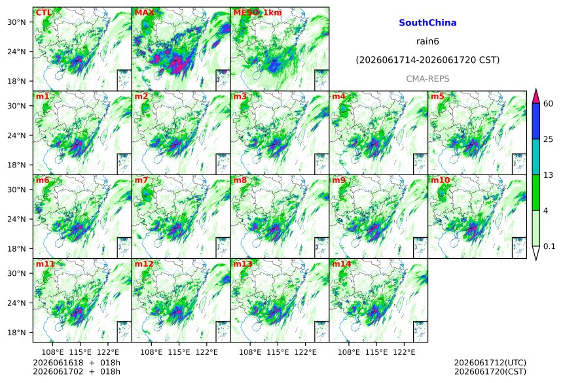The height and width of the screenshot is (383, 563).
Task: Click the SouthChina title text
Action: click(x=427, y=23)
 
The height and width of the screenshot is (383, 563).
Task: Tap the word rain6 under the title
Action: click(x=427, y=41)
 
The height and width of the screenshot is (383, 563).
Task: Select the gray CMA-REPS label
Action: click(x=427, y=78)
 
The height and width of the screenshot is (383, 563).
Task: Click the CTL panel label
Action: click(x=43, y=12)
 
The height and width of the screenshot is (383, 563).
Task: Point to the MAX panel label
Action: click(x=144, y=12)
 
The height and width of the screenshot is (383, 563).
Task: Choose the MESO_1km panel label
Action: click(x=257, y=13)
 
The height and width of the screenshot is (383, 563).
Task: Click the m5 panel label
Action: click(x=437, y=97)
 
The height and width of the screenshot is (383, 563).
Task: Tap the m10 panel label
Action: click(x=440, y=180)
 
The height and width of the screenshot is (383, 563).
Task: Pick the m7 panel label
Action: click(x=141, y=180)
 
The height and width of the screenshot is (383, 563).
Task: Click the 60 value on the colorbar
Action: click(x=549, y=104)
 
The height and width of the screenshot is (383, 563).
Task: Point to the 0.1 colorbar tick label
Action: click(x=549, y=246)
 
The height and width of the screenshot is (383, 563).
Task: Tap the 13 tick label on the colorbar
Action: click(x=549, y=175)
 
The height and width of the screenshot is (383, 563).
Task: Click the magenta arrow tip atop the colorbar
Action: click(x=536, y=89)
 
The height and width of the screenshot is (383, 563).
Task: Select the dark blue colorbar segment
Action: click(x=536, y=121)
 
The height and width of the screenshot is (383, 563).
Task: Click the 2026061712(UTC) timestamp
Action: click(x=490, y=363)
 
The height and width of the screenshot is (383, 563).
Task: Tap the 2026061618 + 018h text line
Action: click(x=77, y=363)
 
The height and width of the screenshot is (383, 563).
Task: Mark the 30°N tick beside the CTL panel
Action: click(x=17, y=22)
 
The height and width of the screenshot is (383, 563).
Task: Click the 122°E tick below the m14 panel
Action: click(x=404, y=352)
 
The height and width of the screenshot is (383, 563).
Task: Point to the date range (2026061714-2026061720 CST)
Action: click(x=427, y=60)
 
